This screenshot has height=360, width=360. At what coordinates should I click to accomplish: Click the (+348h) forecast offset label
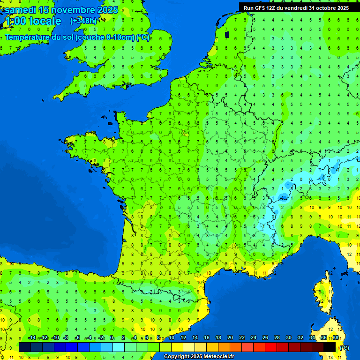coord(83,21)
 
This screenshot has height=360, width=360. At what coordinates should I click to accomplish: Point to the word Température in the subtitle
coord(28,37)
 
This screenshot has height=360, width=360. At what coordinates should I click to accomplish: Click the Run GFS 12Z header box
coord(296,8)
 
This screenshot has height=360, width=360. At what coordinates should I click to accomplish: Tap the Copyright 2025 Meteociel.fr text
coord(199,356)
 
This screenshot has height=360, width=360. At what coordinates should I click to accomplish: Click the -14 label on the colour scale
coord(32,338)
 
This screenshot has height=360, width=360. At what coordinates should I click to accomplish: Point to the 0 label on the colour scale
coord(112,338)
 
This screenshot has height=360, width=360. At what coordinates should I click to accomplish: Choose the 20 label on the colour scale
coord(230,338)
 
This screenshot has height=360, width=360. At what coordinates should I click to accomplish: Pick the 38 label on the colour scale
coord(335,338)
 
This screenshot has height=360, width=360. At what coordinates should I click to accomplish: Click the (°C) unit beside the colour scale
coord(344,347)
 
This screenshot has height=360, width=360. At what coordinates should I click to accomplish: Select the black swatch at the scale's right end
coord(330,347)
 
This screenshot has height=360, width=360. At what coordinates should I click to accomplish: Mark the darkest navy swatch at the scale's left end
coord(25,347)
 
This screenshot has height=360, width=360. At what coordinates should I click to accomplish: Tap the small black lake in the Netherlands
coord(227,34)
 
